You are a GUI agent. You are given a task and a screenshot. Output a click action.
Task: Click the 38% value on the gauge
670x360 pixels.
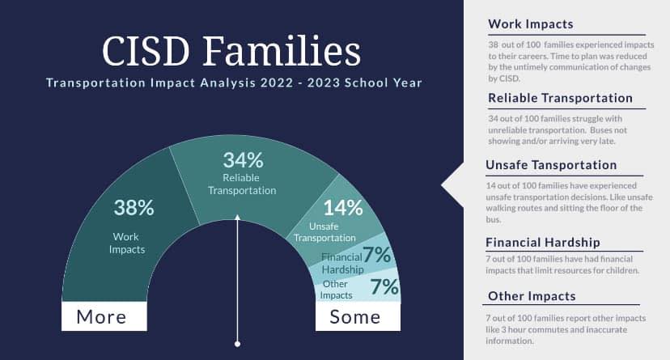tap(134, 208)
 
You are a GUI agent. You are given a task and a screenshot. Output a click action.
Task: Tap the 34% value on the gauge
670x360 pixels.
tap(243, 160)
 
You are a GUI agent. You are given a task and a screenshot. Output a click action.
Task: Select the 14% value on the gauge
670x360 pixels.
tap(343, 208)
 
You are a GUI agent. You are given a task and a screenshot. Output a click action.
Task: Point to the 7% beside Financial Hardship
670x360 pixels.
tap(377, 255)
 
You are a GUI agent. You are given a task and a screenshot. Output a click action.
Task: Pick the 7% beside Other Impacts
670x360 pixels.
tap(384, 286)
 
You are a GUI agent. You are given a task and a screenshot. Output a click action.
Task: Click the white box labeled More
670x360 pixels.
tap(104, 316)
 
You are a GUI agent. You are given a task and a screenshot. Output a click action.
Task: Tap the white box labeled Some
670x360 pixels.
tap(358, 316)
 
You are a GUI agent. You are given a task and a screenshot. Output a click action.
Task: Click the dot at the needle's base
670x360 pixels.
tap(238, 344)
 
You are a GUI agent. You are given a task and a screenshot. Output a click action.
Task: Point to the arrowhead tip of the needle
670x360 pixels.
tap(238, 215)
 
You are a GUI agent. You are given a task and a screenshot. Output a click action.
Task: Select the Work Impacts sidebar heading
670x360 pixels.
tap(531, 24)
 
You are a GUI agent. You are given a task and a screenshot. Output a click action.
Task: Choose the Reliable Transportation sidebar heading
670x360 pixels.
tap(560, 98)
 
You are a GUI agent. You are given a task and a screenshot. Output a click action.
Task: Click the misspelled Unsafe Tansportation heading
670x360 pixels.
tap(551, 165)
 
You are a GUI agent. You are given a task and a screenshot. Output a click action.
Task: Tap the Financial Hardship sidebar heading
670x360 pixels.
tap(543, 242)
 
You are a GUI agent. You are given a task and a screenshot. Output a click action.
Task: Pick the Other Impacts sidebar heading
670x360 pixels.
tap(532, 296)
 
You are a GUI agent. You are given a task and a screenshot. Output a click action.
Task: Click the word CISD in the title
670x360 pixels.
tap(146, 51)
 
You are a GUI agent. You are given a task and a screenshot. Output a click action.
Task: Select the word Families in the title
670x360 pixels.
tap(282, 51)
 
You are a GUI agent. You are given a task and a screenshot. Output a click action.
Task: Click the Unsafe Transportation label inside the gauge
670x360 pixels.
tap(324, 232)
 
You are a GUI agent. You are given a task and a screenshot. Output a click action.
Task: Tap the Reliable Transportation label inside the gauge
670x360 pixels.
tap(242, 184)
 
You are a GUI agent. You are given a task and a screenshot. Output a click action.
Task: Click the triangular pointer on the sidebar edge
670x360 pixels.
tap(453, 185)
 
